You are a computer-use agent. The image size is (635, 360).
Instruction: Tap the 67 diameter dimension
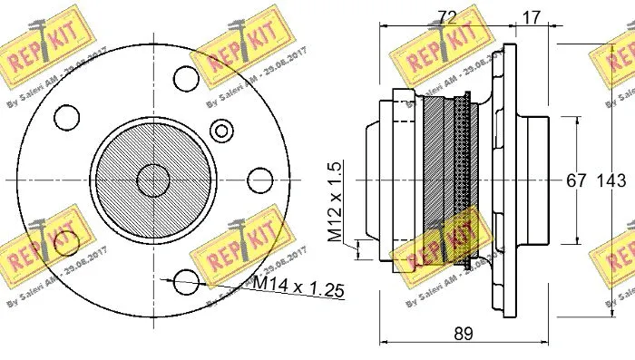coord(576,180)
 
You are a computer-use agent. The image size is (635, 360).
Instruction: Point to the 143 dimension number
coord(609,180)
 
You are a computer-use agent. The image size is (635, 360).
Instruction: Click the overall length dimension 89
coord(464,334)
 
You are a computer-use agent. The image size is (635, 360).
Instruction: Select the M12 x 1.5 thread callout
coord(335,201)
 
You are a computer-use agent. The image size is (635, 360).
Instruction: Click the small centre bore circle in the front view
coord(151,179)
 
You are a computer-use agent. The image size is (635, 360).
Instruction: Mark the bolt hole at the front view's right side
coord(259,179)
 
